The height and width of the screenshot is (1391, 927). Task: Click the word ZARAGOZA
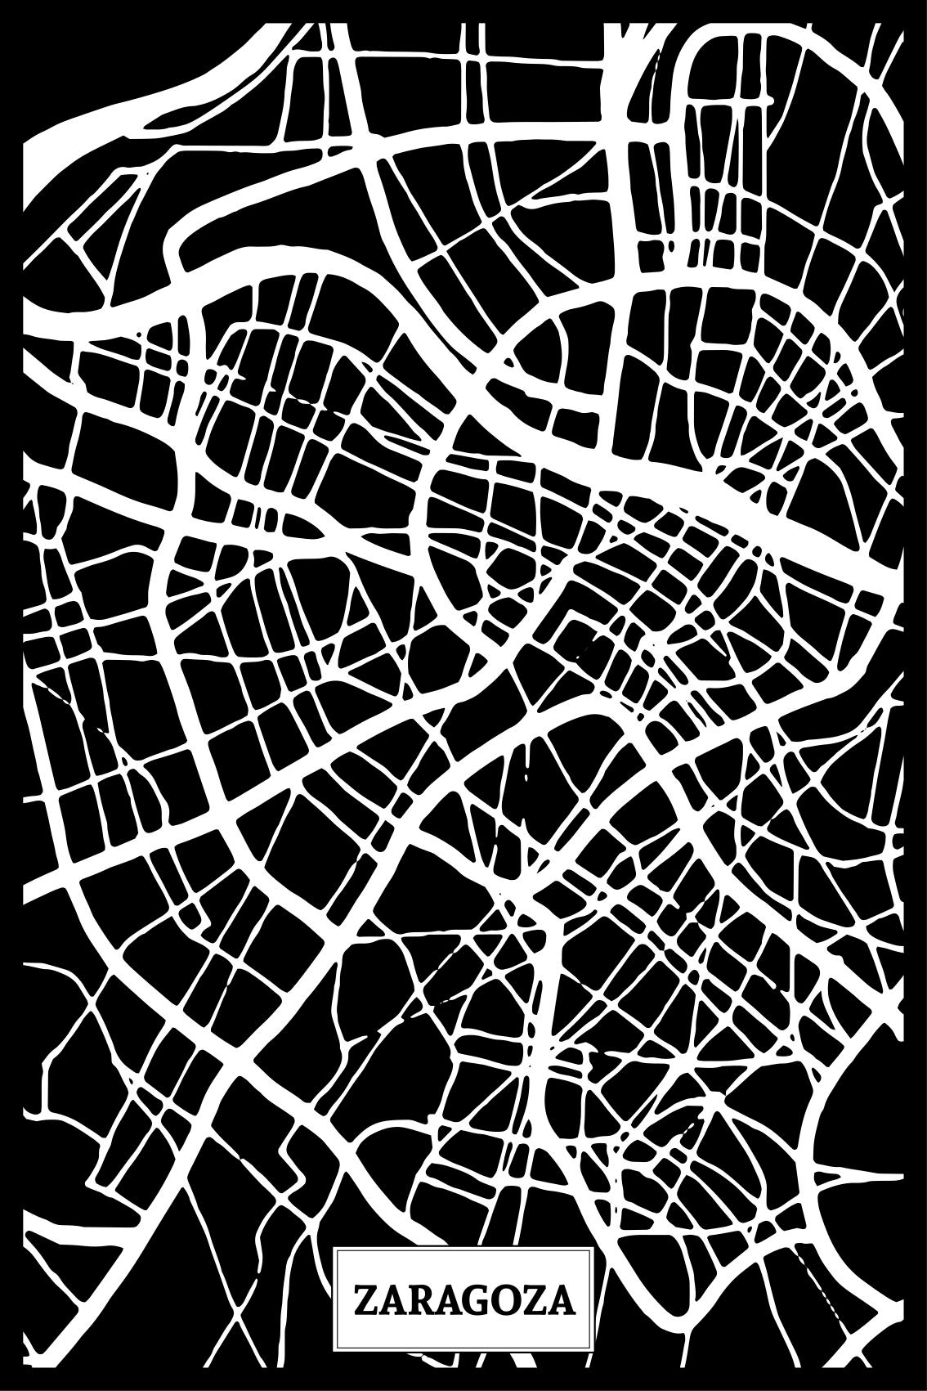click(x=463, y=1301)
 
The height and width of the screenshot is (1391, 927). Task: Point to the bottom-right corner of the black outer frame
click(x=924, y=1388)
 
